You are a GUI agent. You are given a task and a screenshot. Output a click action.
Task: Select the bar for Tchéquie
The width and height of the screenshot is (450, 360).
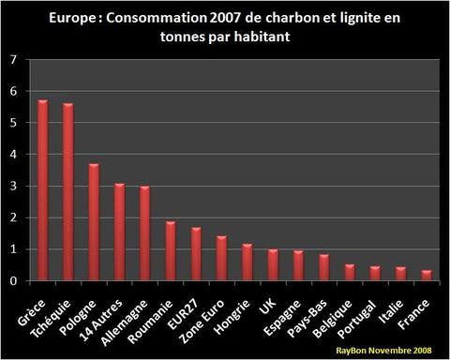[x=68, y=192]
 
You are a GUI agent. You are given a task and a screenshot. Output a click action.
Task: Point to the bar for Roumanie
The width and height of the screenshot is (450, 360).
[x=171, y=251]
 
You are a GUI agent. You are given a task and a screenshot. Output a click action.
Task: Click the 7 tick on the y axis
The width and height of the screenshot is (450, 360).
[x=12, y=60]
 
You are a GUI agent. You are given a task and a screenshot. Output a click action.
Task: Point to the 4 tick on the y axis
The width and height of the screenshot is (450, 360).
[x=12, y=155]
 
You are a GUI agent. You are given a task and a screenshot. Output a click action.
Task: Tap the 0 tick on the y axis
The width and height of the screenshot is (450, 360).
[x=12, y=280]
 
